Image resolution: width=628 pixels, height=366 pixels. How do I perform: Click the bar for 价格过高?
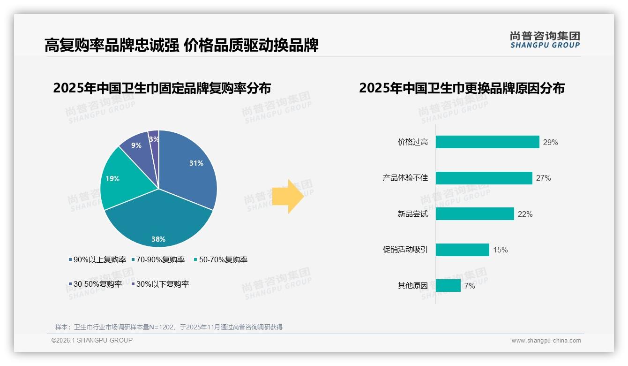tap(487, 142)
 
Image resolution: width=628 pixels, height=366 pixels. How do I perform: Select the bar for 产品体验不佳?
tap(484, 178)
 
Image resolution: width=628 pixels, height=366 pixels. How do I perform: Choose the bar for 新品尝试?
tap(475, 214)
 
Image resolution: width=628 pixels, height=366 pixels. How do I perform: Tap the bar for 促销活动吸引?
tap(462, 250)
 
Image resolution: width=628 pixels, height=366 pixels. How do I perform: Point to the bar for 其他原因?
tap(448, 286)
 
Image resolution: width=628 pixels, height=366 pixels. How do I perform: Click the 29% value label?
tap(550, 143)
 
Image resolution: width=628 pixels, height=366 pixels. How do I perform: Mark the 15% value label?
tap(500, 250)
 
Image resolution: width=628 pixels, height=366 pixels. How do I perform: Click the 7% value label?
tap(470, 286)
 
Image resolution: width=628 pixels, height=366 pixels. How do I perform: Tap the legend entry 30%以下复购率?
tap(162, 284)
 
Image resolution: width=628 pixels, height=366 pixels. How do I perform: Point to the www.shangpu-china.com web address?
tap(546, 341)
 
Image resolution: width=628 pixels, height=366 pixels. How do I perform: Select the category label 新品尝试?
tap(412, 214)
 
